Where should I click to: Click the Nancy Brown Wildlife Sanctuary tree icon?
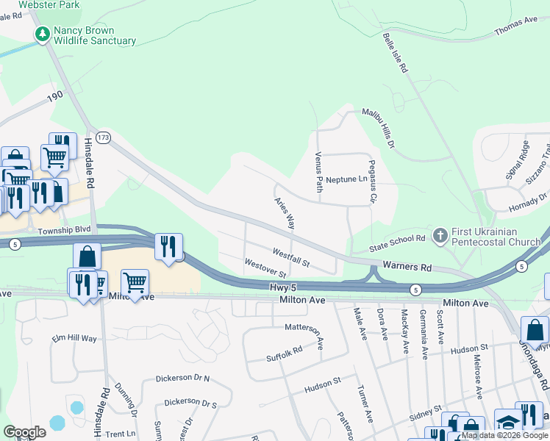43,35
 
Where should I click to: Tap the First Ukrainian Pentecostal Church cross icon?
440,236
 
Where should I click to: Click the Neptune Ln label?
346,179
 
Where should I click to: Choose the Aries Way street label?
285,213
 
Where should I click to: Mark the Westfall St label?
290,257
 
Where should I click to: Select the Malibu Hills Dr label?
379,126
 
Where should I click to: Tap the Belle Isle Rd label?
394,52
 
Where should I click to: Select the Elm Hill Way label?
74,338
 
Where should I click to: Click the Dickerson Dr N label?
182,379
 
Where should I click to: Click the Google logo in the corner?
24,432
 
